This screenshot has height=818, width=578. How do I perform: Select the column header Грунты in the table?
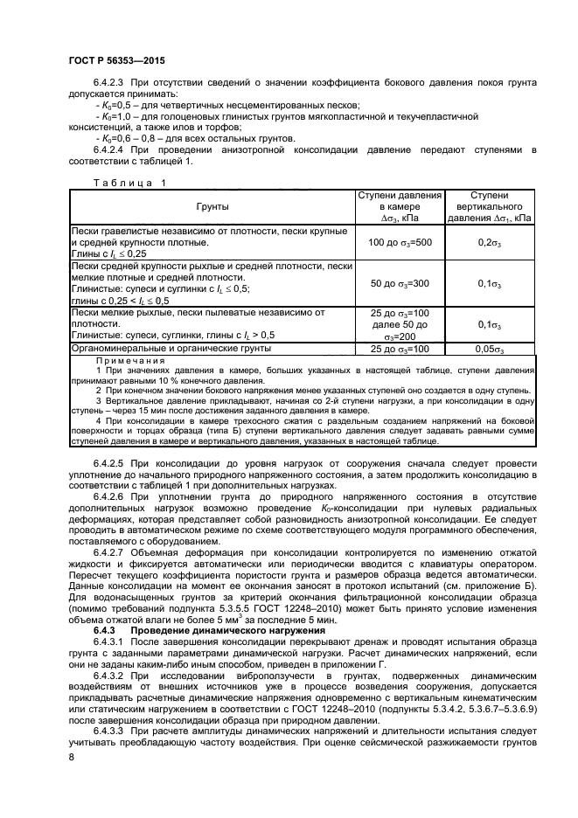click(x=209, y=206)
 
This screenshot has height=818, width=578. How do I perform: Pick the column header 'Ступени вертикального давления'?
click(x=490, y=206)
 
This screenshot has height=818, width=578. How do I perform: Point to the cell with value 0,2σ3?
click(x=490, y=241)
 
